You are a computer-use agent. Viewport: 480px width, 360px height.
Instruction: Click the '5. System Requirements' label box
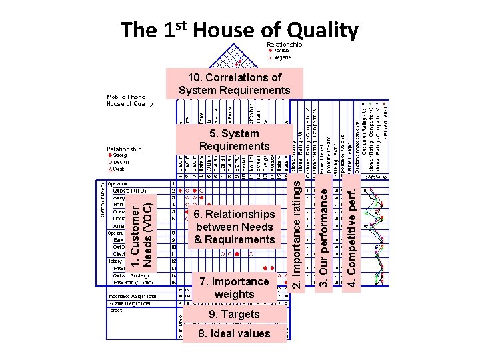(234, 140)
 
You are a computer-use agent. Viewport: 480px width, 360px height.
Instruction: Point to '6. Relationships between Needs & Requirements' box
(234, 227)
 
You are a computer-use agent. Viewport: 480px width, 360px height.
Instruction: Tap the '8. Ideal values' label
(234, 333)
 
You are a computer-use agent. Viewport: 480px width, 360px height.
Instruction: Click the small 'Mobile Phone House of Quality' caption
(131, 100)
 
